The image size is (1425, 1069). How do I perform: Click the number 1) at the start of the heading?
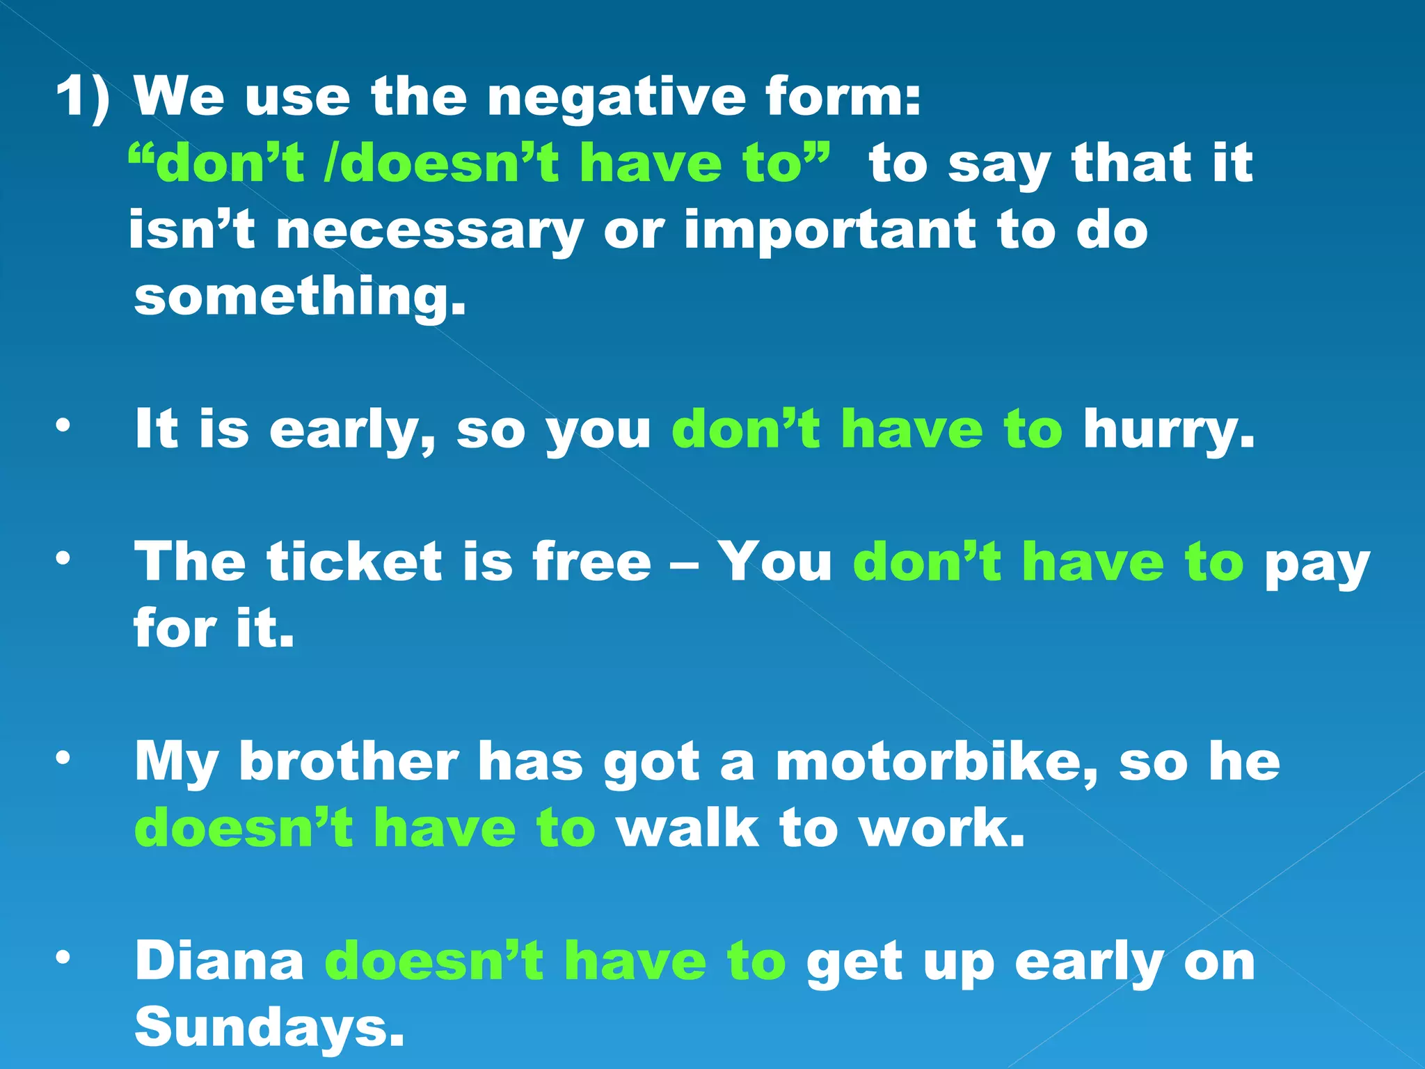[83, 97]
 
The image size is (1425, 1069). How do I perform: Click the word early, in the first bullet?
[352, 431]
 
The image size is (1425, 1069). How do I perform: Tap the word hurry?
[1169, 431]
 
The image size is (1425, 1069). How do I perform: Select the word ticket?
[354, 562]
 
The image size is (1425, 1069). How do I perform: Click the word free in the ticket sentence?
[592, 562]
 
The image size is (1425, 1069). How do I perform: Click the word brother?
[349, 762]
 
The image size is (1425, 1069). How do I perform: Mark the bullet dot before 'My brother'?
[63, 758]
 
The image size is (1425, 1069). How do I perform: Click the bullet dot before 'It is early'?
[63, 425]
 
